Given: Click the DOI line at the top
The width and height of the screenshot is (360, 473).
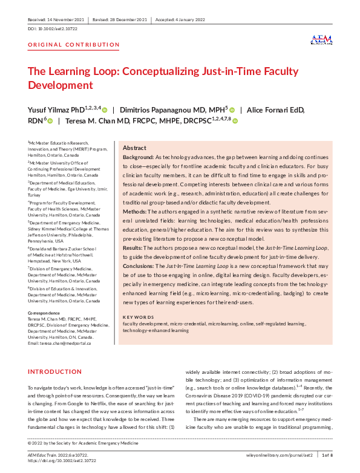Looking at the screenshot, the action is [x=53, y=28].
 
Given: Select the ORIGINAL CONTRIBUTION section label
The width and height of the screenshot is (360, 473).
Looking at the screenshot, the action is [x=74, y=45].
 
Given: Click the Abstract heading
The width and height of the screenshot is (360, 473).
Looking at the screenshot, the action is [x=134, y=148].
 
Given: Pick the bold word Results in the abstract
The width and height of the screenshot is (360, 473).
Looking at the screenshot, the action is [x=133, y=248].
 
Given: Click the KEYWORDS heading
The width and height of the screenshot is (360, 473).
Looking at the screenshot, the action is [x=139, y=316].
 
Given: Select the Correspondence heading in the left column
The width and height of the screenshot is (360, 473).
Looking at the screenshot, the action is [x=44, y=312].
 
